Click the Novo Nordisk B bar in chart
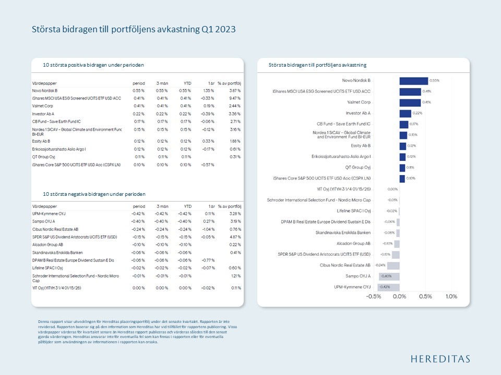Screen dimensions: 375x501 click(413, 81)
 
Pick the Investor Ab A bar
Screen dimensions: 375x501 click(405, 114)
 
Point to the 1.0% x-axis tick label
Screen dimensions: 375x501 click(451, 296)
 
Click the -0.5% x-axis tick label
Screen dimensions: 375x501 click(374, 296)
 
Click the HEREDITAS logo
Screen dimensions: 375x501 click(439, 359)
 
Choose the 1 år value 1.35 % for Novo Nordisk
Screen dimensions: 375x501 click(208, 91)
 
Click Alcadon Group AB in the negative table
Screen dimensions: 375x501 click(47, 244)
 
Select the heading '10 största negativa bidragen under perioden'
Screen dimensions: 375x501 click(94, 194)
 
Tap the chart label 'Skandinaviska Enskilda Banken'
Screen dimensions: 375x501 click(343, 232)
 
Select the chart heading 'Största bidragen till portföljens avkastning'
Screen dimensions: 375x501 click(317, 65)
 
